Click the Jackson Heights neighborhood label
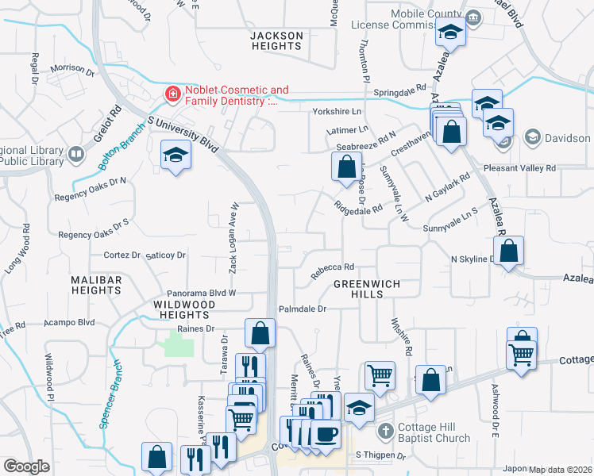[276, 41]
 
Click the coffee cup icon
[325, 435]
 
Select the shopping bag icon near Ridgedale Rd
[345, 168]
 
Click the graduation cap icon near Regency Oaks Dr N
[175, 154]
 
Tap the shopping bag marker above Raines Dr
[260, 334]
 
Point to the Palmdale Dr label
[303, 309]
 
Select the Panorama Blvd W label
[200, 293]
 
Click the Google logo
[26, 466]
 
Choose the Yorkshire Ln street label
[337, 112]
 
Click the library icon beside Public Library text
[76, 154]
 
